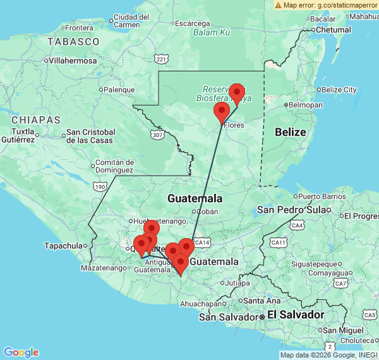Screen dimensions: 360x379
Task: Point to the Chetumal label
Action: coord(333,30)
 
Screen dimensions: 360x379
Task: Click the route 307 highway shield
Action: coord(157,135)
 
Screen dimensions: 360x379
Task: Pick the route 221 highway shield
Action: coord(162,59)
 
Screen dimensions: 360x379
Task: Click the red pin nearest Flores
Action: coord(221,112)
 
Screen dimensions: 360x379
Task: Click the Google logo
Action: coord(21,352)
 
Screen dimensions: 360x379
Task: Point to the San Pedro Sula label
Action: coord(294,210)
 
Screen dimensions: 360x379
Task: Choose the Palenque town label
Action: coord(119,90)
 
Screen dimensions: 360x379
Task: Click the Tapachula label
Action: coord(64,246)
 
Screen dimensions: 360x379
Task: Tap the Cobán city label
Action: coord(207,212)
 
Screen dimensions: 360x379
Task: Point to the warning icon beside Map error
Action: coord(278,5)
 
